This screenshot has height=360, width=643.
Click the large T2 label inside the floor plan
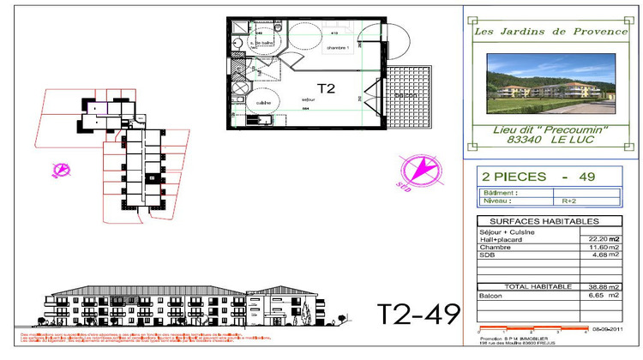(x=326, y=87)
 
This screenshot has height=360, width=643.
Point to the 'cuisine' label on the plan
(x=263, y=103)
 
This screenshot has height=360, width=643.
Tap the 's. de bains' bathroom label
(x=261, y=42)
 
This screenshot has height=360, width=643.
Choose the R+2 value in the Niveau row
(x=568, y=201)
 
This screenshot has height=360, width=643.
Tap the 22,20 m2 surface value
(x=603, y=239)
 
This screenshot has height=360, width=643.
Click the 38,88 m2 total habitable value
(x=603, y=287)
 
